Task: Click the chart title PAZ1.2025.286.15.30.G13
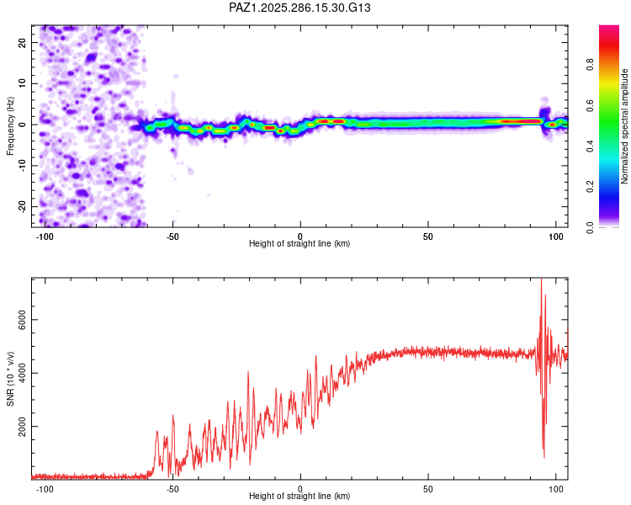coord(300,8)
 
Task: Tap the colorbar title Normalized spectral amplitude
coord(624,126)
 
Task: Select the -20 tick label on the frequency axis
coord(23,206)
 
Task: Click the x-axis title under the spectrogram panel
coord(300,244)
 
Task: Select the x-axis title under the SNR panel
coord(300,497)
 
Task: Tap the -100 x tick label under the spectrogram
coord(45,235)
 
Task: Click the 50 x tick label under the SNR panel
coord(428,488)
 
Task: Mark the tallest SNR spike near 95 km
coord(541,283)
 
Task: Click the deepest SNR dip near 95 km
coord(544,456)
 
